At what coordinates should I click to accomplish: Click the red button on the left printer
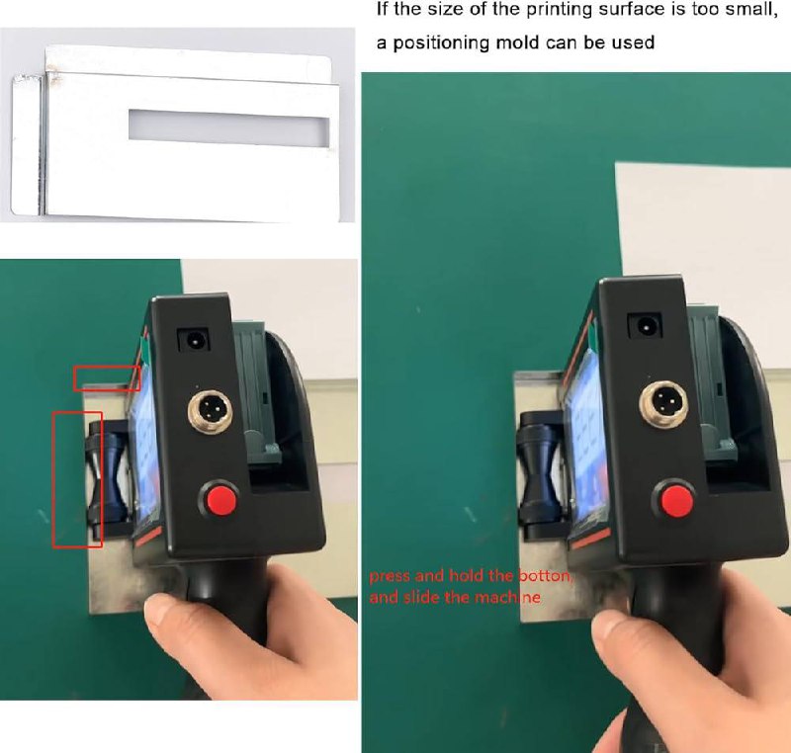pyautogui.click(x=220, y=499)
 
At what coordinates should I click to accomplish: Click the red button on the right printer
pyautogui.click(x=676, y=498)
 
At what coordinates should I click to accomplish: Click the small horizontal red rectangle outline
pyautogui.click(x=107, y=378)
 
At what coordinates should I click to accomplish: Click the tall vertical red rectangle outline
pyautogui.click(x=78, y=479)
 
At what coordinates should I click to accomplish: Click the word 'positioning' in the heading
pyautogui.click(x=441, y=42)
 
